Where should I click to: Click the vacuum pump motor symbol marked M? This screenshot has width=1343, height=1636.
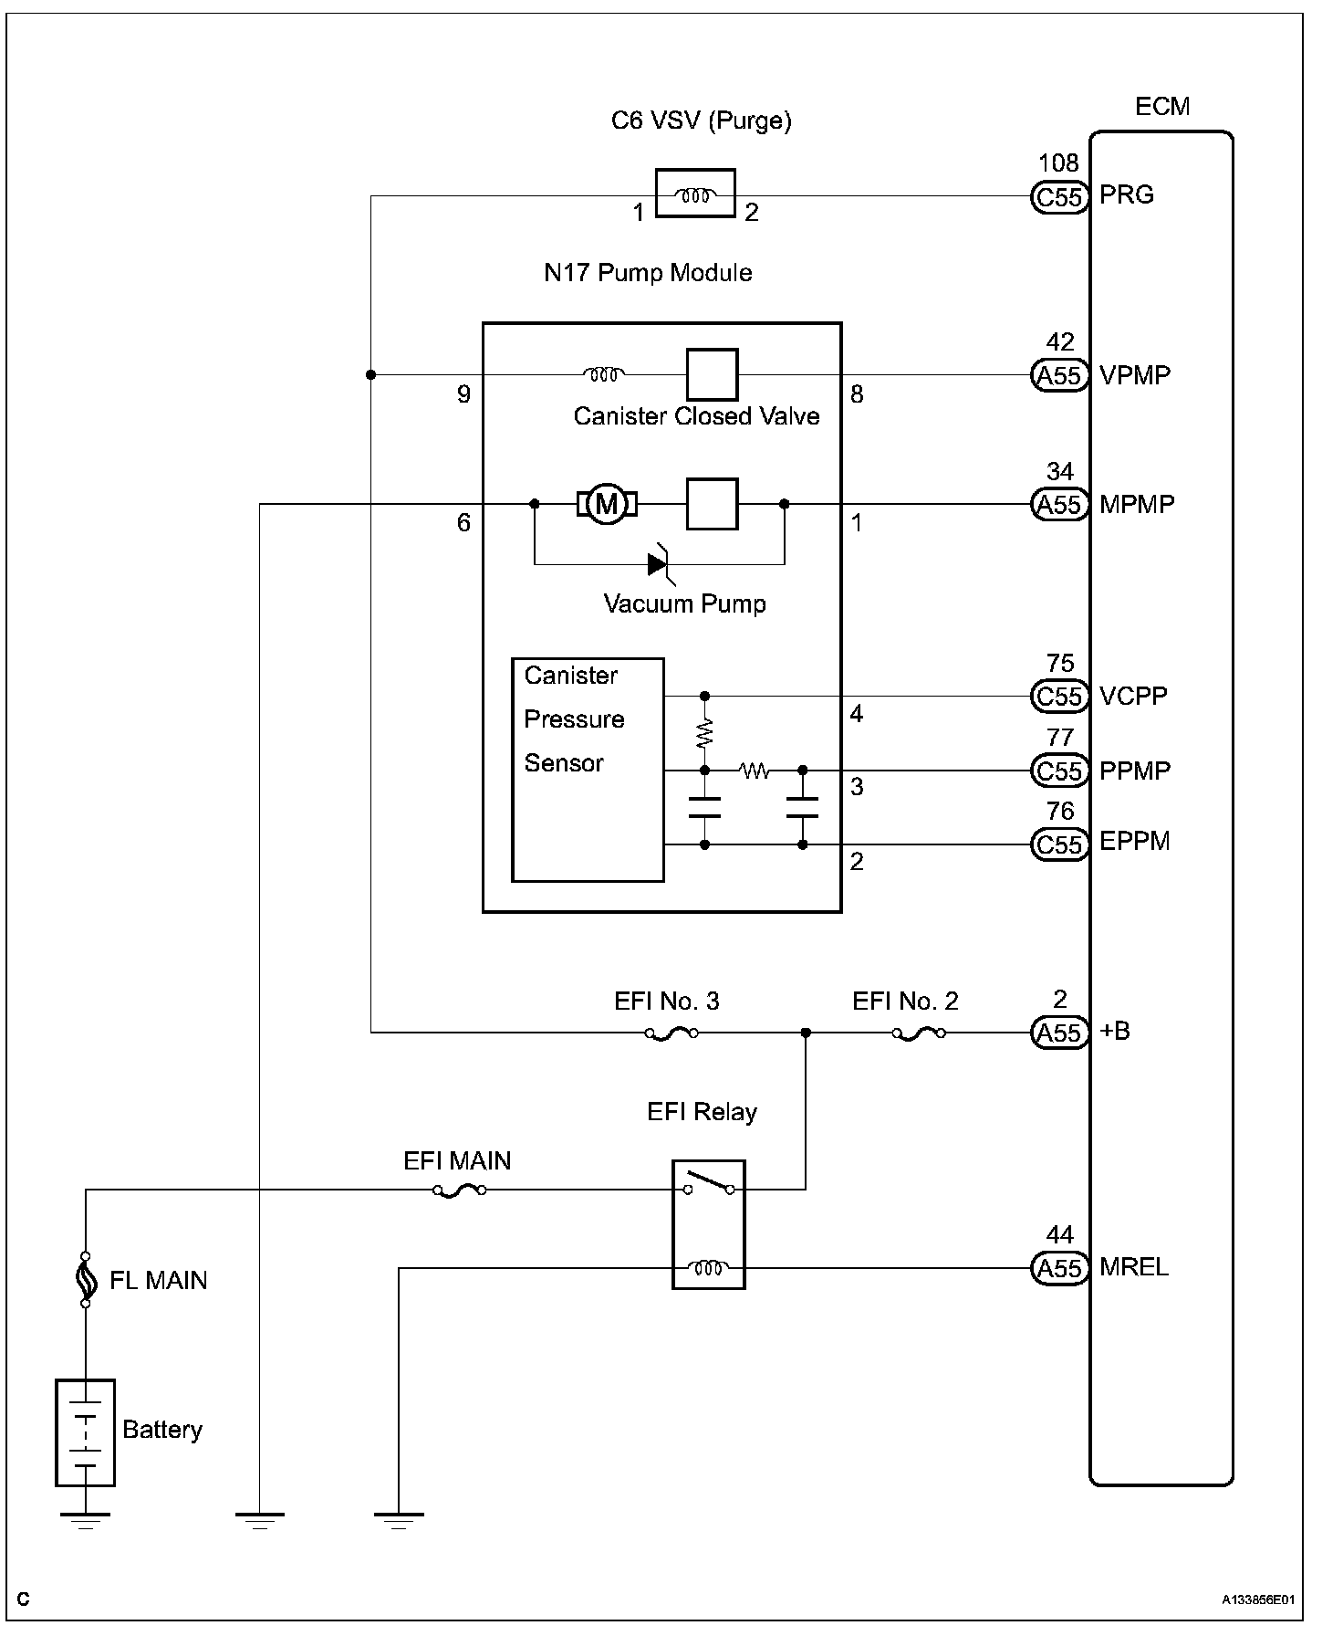click(606, 503)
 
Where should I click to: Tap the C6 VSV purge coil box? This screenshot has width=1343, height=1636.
click(695, 194)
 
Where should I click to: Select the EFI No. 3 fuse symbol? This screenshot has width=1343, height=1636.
click(671, 1033)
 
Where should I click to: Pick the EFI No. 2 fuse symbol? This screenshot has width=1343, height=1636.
click(918, 1033)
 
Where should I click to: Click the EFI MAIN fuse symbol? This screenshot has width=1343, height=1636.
click(458, 1190)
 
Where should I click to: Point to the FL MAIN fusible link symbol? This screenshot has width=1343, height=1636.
click(85, 1279)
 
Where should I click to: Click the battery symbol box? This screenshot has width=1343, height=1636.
click(85, 1432)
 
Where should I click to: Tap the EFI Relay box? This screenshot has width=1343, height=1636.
click(709, 1225)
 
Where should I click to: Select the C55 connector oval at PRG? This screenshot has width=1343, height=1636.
click(1059, 196)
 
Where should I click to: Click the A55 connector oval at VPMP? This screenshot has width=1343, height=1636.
click(1059, 375)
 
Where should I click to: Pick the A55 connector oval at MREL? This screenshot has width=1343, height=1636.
click(1059, 1268)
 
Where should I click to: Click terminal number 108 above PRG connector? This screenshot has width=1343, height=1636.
click(1058, 163)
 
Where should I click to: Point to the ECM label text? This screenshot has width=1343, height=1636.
click(1162, 107)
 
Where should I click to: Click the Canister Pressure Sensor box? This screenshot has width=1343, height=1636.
click(588, 770)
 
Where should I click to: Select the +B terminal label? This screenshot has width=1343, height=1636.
click(1115, 1031)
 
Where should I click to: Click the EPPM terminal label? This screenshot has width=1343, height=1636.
click(1135, 841)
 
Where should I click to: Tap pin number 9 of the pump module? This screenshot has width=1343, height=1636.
click(463, 394)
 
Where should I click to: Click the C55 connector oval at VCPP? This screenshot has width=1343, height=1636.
click(1059, 697)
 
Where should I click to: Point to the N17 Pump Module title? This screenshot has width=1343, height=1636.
click(648, 273)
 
